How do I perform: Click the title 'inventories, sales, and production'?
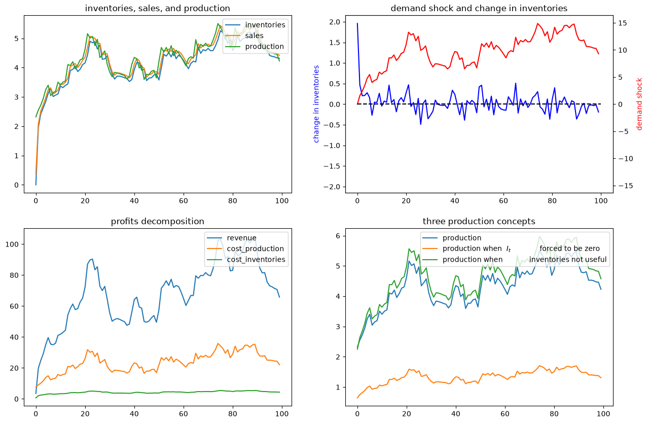[157, 8]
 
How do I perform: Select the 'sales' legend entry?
[254, 36]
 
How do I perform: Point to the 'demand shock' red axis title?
[639, 104]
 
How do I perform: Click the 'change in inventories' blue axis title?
[316, 104]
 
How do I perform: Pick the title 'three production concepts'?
[479, 221]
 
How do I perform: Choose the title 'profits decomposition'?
[157, 221]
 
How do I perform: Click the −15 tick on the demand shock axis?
[625, 186]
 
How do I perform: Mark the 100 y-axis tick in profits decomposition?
[12, 244]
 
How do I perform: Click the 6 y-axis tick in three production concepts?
[338, 236]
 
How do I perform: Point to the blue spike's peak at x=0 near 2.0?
[357, 23]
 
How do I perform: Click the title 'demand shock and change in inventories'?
[479, 8]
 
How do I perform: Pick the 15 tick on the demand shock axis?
[623, 23]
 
